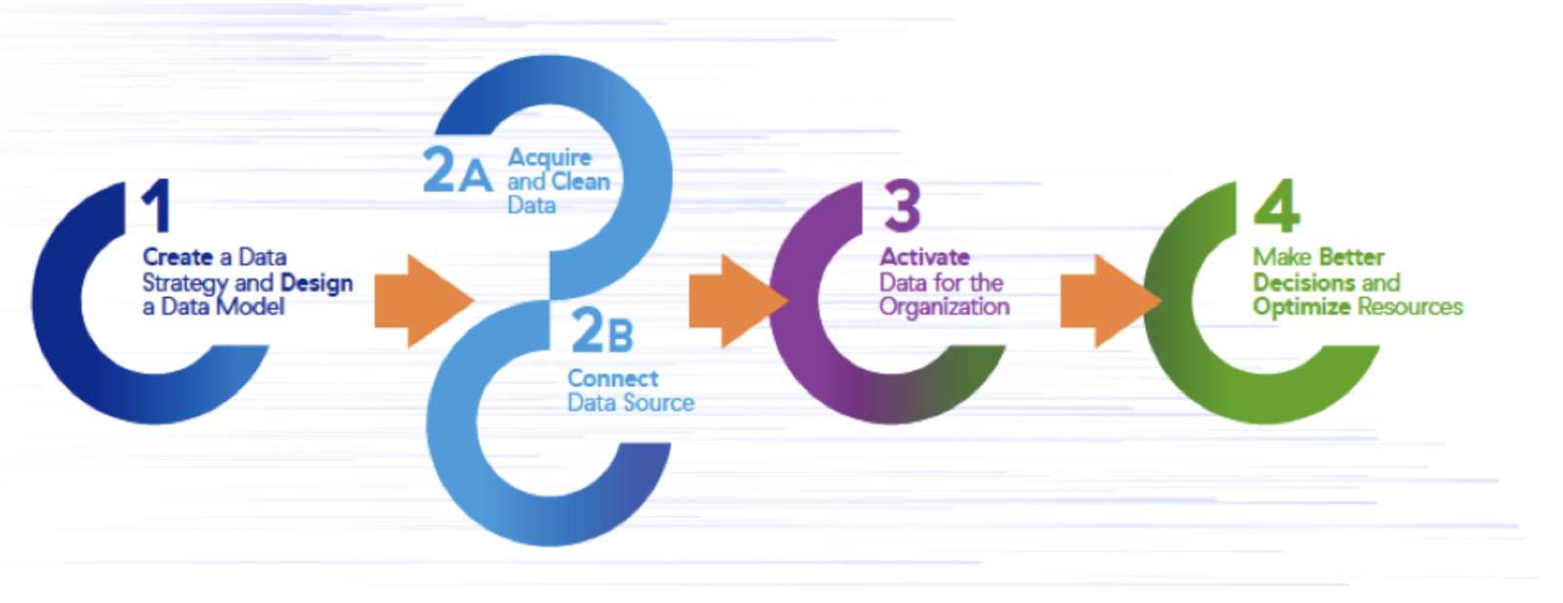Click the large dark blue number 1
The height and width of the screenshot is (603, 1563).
157,205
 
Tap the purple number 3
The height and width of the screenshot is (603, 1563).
903,205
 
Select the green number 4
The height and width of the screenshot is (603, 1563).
1277,205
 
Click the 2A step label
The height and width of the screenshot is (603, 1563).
457,170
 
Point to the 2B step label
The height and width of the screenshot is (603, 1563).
602,330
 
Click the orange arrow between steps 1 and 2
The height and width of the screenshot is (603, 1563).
424,301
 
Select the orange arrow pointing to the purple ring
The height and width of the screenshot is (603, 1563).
739,301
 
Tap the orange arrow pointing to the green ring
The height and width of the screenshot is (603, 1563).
1111,301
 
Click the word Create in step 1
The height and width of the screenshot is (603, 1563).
178,257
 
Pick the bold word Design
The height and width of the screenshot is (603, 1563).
317,283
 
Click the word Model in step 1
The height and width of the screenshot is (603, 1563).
250,306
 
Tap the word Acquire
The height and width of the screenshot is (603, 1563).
550,158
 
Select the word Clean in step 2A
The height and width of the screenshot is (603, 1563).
580,182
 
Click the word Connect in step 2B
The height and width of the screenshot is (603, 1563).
613,378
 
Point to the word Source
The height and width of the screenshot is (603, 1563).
658,403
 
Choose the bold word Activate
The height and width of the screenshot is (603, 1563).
924,257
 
